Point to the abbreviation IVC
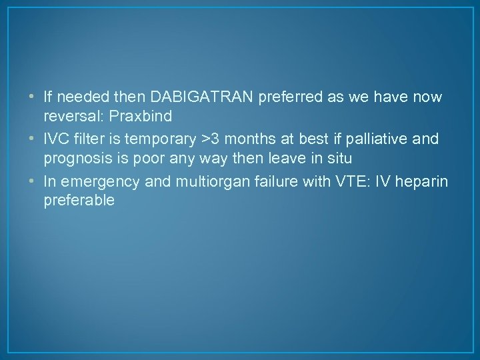[x=57, y=139]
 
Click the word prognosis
[x=77, y=159]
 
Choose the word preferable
[x=79, y=200]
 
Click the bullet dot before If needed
[x=33, y=97]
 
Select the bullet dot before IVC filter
[x=33, y=139]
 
